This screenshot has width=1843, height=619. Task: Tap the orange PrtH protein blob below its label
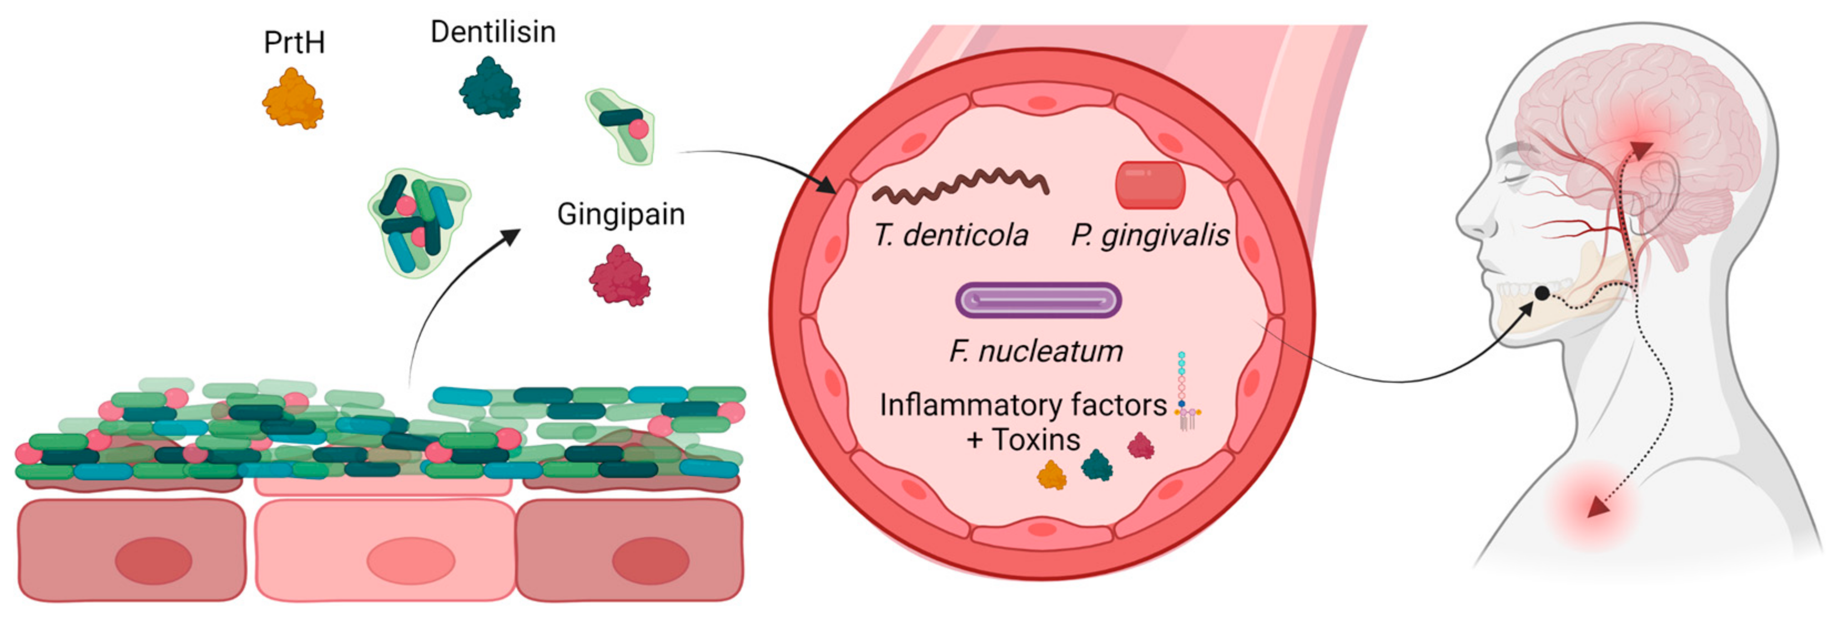(x=293, y=99)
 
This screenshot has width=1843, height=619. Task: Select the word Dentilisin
(x=492, y=32)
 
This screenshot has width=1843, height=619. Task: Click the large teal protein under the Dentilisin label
(x=490, y=89)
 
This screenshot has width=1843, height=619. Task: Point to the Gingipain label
(x=620, y=215)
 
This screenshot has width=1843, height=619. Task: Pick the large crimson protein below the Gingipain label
(x=620, y=277)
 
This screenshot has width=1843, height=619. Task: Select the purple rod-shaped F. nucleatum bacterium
(x=1038, y=300)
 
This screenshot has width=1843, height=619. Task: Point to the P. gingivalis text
(x=1149, y=235)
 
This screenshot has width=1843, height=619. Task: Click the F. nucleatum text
(x=1035, y=351)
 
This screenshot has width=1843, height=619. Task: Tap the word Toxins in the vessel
(x=1035, y=440)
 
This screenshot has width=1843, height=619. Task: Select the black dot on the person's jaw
(x=1542, y=293)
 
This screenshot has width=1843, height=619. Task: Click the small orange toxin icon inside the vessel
(x=1051, y=475)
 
